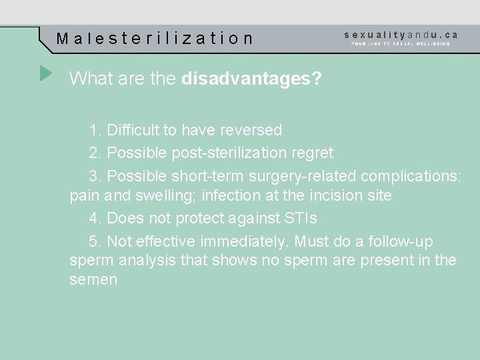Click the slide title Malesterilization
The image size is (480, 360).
[155, 39]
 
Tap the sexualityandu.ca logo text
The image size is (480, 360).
[401, 34]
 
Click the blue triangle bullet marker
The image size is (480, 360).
[45, 73]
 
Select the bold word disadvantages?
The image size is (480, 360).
[251, 79]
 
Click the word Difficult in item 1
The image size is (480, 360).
[132, 130]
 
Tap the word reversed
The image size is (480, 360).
[251, 130]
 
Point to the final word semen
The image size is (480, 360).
[93, 280]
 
